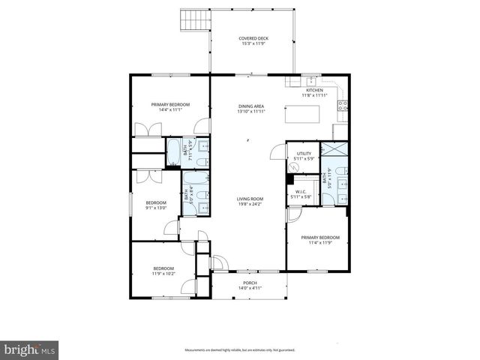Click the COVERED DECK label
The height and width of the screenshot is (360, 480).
(x=253, y=38)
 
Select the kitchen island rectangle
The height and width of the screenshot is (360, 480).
(x=302, y=115)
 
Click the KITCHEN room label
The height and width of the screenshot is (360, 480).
(x=314, y=90)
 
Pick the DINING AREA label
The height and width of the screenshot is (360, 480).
(x=250, y=106)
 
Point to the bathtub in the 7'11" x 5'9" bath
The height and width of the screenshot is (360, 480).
(x=172, y=152)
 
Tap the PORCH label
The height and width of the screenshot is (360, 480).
(x=249, y=283)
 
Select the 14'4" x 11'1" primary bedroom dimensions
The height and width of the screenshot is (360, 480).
(x=170, y=109)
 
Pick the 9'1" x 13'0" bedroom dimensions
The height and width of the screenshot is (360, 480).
(x=155, y=208)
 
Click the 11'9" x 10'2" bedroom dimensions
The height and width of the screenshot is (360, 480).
(x=163, y=274)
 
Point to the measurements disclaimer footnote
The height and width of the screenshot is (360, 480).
(x=239, y=349)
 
